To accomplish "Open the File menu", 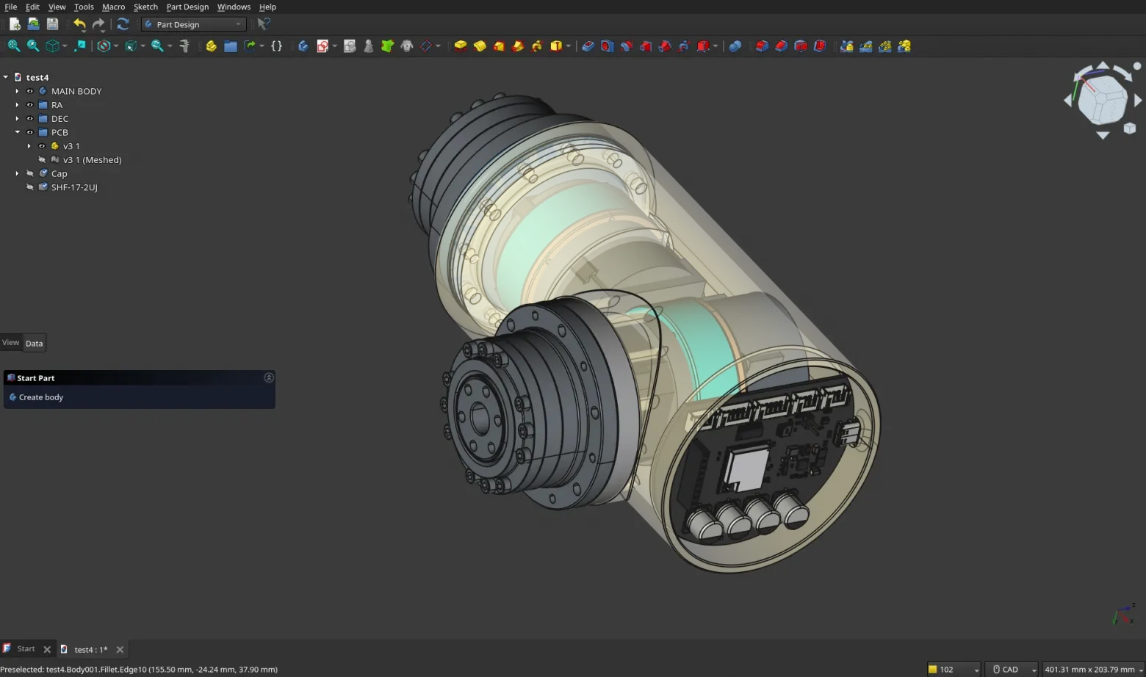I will point(10,7).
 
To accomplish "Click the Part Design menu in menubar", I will point(187,7).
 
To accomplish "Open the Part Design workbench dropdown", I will point(194,24).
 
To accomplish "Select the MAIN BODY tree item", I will point(76,91).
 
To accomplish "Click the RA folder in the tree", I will point(57,105).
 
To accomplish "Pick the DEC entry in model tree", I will point(60,119).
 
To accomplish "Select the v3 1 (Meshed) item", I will point(92,160).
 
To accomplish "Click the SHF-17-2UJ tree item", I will point(73,187).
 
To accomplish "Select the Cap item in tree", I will point(59,174).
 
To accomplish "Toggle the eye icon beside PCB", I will point(30,133).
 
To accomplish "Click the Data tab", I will point(34,344).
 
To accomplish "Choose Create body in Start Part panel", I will point(41,397).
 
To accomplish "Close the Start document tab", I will point(47,650).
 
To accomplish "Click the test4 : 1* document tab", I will point(90,650).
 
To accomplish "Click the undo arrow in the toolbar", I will point(79,24).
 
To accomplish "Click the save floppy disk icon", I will point(52,24).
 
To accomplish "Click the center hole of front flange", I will point(480,419).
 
